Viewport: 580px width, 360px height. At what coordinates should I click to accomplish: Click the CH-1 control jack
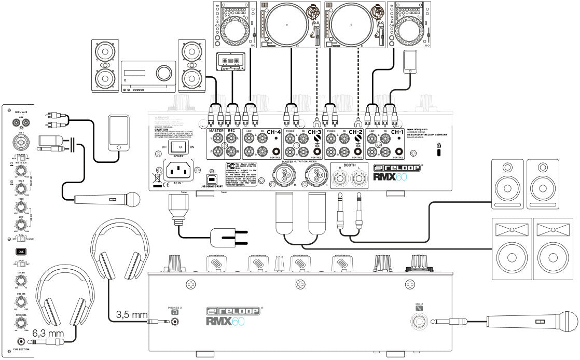(x=398, y=152)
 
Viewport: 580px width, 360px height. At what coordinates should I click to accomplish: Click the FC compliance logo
(x=229, y=166)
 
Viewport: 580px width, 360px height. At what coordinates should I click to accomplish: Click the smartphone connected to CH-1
(x=410, y=60)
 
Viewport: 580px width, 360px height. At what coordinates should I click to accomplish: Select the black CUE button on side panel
(x=21, y=251)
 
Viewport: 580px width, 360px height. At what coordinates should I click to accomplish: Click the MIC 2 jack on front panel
(x=419, y=322)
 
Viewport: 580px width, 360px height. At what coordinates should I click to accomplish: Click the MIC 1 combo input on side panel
(x=21, y=143)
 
